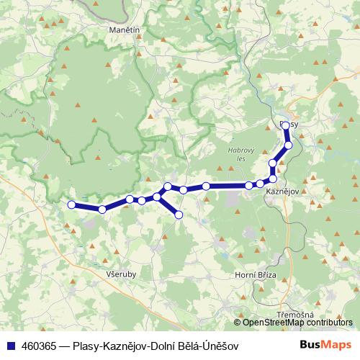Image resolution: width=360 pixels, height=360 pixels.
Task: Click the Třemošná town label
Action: [295, 316]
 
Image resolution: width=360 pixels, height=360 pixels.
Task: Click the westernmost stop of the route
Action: [71, 205]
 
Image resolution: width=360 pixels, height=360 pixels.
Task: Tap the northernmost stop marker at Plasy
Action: [285, 125]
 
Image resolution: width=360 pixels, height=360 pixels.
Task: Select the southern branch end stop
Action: [179, 215]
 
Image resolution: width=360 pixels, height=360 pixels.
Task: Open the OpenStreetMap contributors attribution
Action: [297, 322]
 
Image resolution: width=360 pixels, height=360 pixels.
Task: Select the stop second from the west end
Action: [102, 209]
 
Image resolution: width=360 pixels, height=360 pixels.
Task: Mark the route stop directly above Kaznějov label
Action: [273, 179]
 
